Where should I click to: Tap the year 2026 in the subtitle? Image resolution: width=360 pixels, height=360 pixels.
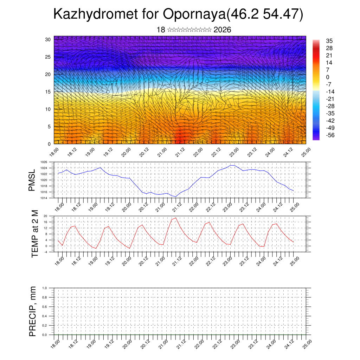click(x=222, y=30)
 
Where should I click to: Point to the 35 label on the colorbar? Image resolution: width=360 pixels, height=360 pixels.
click(x=329, y=41)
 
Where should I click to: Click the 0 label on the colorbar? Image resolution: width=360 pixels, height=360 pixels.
click(x=328, y=77)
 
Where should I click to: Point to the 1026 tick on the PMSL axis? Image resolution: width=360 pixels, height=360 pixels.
click(x=44, y=162)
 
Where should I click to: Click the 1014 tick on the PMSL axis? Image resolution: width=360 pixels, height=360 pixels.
click(x=44, y=198)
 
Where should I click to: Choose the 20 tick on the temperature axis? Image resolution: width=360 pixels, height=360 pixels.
click(x=45, y=216)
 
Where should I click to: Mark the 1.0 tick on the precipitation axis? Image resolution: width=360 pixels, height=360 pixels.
click(x=45, y=288)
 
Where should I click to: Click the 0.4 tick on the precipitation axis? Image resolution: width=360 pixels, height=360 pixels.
click(x=45, y=316)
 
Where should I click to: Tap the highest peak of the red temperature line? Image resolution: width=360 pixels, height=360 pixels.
click(x=176, y=218)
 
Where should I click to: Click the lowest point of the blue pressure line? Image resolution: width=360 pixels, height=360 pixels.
click(x=176, y=197)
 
